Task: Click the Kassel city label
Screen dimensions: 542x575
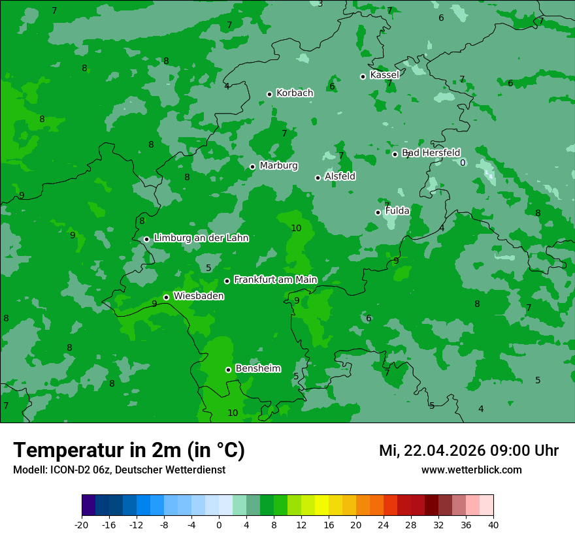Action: (384, 75)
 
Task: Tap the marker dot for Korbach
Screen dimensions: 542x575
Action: (269, 94)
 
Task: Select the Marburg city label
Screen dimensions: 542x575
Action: (278, 166)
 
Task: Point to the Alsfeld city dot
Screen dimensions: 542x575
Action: (318, 178)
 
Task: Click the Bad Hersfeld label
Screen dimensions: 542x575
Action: (431, 153)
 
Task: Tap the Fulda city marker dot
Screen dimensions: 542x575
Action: (378, 212)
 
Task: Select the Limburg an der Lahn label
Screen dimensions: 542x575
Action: (201, 238)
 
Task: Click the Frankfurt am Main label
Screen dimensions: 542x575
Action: (275, 279)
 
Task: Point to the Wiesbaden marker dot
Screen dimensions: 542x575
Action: (166, 297)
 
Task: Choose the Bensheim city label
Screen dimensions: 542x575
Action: (257, 368)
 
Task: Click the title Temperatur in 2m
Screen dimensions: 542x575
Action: (129, 451)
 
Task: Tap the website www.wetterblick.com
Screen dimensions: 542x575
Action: (471, 470)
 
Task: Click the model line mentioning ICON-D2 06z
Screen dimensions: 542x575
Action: (119, 470)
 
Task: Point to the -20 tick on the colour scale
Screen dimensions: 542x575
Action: (82, 525)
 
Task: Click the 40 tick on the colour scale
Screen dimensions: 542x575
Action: (493, 525)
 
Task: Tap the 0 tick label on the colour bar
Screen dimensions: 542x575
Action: (219, 525)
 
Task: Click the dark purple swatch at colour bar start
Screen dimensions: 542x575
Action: (89, 505)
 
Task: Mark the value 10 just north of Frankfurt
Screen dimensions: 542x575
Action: (296, 228)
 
